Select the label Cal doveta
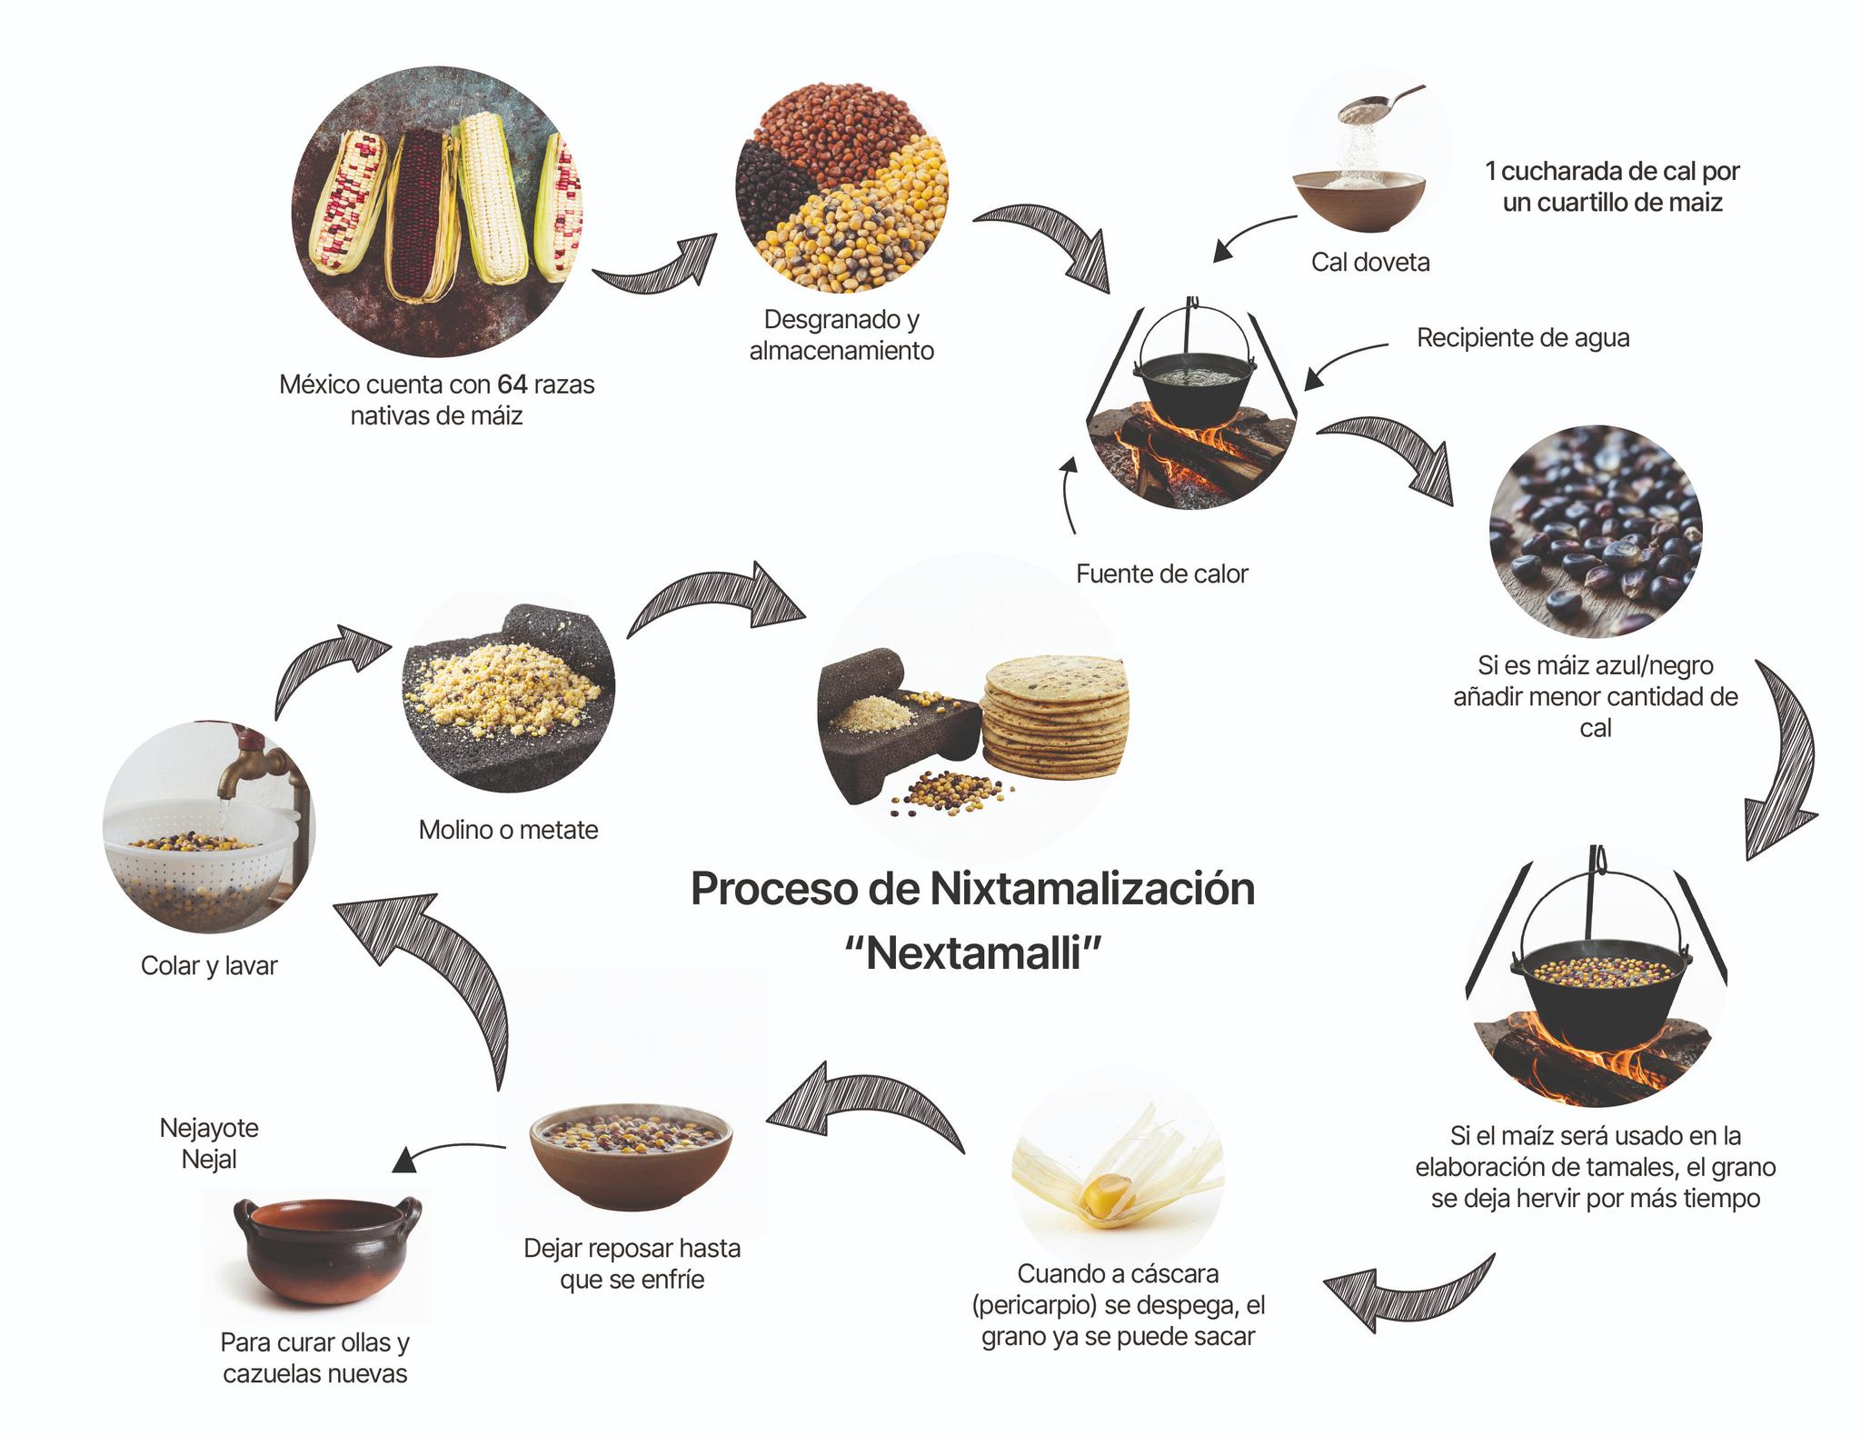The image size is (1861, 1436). coord(1369,263)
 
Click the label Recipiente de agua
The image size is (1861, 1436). coord(1522,338)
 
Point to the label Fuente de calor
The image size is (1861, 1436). coord(1161,573)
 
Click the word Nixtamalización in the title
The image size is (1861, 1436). coord(1091,889)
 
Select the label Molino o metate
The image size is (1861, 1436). coord(508,830)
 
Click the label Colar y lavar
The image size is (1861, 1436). coord(209,965)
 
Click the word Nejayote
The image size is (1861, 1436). coord(209,1128)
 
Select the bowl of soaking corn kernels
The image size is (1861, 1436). coord(631,1160)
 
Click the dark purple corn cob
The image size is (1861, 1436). coord(421,214)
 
